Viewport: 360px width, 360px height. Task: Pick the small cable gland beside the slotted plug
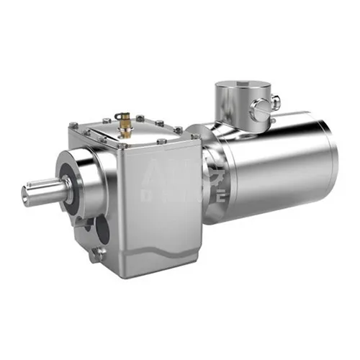click(275, 103)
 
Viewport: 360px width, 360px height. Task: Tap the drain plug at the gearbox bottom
click(99, 253)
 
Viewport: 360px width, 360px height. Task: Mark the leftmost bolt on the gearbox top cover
click(74, 126)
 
